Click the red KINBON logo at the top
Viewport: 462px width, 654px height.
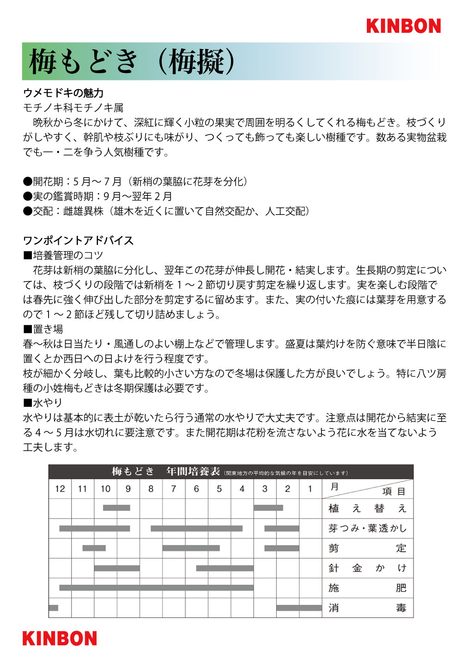(403, 26)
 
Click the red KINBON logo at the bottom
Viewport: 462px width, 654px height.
(60, 638)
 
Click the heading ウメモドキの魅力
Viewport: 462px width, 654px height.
(63, 93)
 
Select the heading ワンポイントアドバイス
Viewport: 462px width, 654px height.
(78, 240)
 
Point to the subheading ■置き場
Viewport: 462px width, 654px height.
(43, 329)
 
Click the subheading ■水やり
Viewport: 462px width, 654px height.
(43, 403)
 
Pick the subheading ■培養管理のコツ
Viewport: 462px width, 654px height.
(63, 255)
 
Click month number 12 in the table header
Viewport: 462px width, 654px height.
(60, 489)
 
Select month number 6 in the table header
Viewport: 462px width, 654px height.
(196, 489)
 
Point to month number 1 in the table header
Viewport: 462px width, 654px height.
(310, 489)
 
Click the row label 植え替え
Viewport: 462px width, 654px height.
(367, 508)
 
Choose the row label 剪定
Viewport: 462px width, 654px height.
(367, 548)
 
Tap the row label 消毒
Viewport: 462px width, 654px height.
(367, 608)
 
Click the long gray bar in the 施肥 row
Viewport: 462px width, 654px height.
(156, 588)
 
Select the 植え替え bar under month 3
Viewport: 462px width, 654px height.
(268, 508)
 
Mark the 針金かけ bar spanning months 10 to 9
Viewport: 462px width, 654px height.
(117, 568)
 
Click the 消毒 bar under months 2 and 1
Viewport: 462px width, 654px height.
(299, 608)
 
